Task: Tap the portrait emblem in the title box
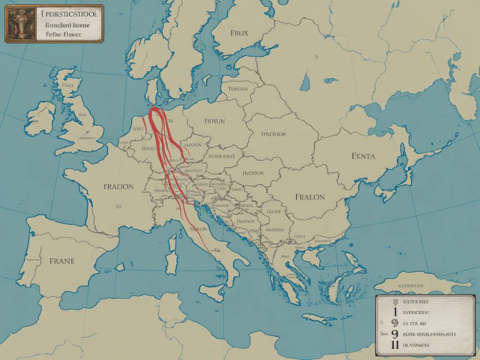point(20,24)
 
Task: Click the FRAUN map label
point(215,121)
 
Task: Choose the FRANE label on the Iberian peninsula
point(61,261)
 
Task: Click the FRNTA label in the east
point(363,156)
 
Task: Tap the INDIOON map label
point(253,173)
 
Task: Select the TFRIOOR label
point(273,134)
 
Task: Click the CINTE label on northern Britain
point(68,86)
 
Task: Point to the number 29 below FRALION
point(118,205)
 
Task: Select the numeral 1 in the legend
point(395,311)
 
